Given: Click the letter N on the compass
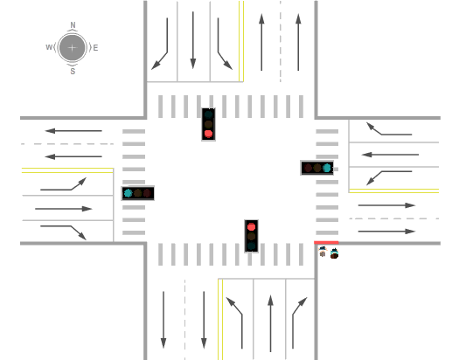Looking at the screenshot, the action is pos(73,25).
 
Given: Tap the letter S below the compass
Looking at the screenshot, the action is pos(73,71).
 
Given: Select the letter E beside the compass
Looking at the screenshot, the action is pos(95,48).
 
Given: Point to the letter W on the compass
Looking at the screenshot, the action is pos(49,47).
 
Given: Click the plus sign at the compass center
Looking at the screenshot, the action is pos(72,48).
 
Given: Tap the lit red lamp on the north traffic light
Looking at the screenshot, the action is pos(208,134).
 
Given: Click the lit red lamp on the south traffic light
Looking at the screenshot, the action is pos(251,226).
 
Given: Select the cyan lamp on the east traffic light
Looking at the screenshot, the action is pos(327,168).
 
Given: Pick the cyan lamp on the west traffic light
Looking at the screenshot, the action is pos(129,193).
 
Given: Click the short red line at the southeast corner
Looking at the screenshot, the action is pos(326,242).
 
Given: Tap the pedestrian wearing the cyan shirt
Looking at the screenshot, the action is pos(334,253).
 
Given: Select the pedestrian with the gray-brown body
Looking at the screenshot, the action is pos(323,252).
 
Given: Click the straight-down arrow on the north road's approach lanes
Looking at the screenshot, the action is pos(193,40).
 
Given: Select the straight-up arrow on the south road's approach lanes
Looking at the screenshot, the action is pos(270,323).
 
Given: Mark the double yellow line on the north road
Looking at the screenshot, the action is pos(241,41).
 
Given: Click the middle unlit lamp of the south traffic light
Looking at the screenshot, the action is pos(251,236).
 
